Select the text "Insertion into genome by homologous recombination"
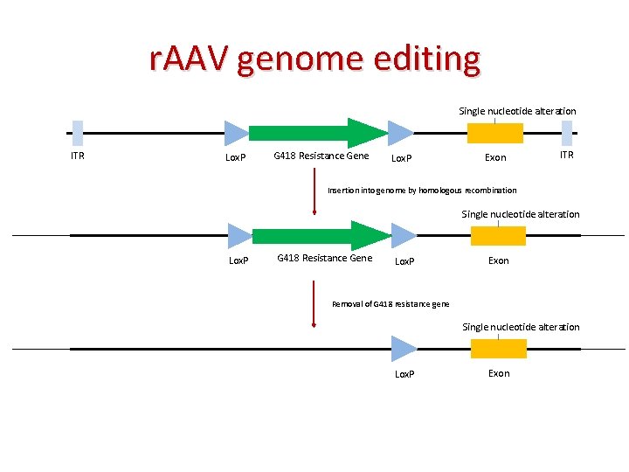(422, 190)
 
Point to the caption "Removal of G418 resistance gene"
(391, 303)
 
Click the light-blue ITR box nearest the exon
(566, 133)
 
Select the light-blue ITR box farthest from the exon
(78, 133)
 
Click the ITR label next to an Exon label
(566, 155)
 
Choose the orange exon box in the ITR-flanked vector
(495, 133)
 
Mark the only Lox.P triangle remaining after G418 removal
(404, 349)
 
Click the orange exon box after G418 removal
(499, 349)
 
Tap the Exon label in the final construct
(499, 373)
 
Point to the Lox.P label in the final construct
(404, 374)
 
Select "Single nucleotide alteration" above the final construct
(521, 327)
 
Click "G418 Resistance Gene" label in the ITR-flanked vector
(321, 156)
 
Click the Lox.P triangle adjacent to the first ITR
(236, 133)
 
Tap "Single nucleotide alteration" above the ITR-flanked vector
(518, 111)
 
